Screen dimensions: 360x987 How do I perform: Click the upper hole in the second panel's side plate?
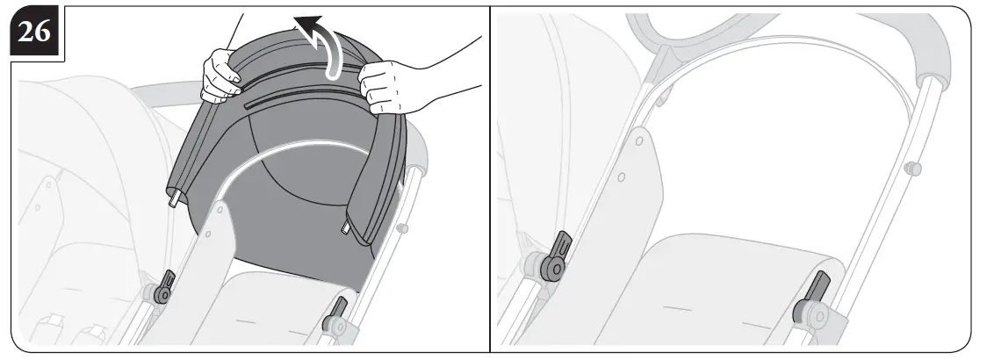(x=638, y=140)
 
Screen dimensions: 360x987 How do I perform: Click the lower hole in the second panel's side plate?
(x=622, y=178)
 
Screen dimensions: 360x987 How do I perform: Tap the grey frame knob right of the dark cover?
(x=403, y=229)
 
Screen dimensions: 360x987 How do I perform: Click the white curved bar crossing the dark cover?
(x=290, y=149)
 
